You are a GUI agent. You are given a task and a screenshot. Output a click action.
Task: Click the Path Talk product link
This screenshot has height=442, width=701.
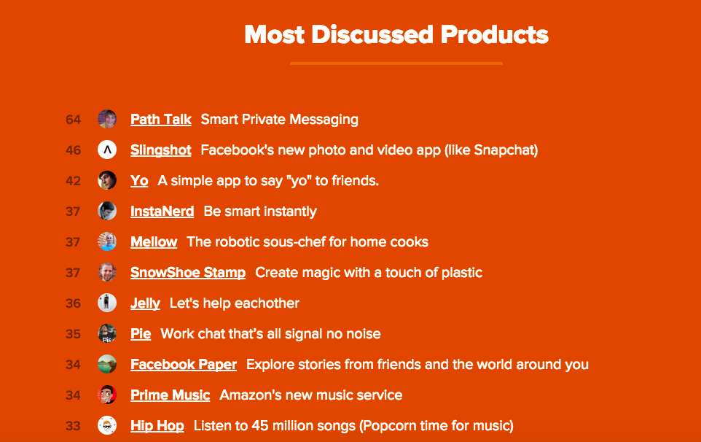161,119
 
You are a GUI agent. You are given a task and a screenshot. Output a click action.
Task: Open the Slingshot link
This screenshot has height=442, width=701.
161,150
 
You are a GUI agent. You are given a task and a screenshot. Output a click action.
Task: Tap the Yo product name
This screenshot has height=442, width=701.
139,181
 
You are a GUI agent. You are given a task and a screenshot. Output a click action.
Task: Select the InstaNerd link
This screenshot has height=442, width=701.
162,212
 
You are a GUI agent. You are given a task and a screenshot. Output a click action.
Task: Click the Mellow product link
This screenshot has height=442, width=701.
154,242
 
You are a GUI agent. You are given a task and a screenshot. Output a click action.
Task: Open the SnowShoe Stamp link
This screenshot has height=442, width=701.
188,273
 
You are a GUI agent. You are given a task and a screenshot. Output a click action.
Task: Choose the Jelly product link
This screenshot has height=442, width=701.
145,303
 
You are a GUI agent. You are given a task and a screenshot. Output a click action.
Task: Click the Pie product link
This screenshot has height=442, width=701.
141,334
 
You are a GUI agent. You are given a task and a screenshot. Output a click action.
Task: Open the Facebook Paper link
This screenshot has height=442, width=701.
184,365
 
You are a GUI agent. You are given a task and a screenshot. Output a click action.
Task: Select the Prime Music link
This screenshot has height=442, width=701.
171,395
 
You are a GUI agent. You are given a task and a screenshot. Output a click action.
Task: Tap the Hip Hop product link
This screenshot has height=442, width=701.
157,426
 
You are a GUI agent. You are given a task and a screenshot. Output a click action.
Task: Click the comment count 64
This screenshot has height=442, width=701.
73,120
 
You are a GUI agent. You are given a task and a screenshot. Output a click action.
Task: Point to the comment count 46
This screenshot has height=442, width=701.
73,150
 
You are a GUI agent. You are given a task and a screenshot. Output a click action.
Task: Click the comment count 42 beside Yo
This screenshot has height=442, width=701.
73,181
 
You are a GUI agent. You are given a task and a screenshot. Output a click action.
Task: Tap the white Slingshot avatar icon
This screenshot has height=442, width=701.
107,150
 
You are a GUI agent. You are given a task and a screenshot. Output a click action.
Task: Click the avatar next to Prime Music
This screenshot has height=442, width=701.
107,395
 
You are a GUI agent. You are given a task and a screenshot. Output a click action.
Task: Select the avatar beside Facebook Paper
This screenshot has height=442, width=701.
107,365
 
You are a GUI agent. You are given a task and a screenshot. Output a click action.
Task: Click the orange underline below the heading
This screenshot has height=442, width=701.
396,63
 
